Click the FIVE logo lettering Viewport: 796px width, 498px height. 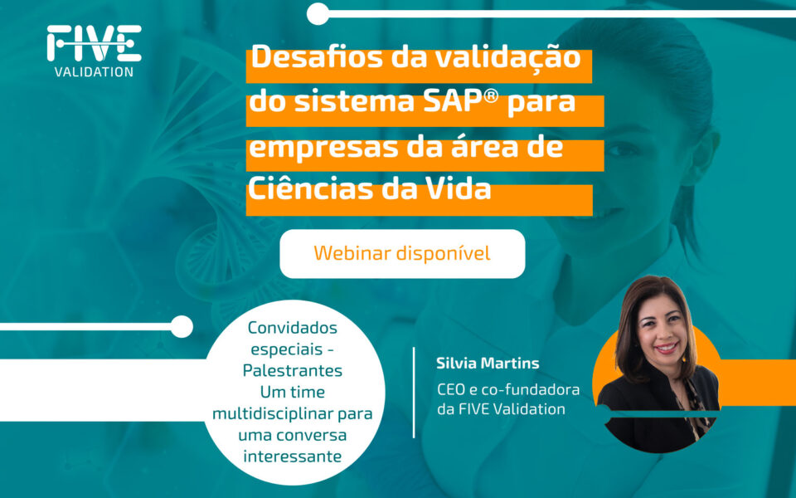94,43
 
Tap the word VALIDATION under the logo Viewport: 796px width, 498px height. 94,72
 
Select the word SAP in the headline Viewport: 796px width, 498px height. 453,101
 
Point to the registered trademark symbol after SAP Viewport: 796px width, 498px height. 492,96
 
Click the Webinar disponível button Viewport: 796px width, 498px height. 402,254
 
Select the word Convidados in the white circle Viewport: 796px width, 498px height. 293,328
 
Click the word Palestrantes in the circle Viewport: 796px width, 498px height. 293,370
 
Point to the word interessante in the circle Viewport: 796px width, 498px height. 293,456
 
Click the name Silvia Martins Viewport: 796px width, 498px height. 488,364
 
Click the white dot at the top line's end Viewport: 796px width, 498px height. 318,14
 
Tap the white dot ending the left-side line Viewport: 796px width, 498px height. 182,326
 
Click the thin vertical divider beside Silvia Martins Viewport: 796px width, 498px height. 414,393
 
